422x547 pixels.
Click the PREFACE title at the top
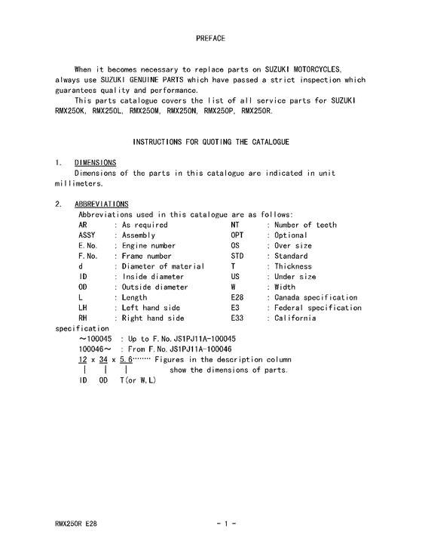[x=210, y=37]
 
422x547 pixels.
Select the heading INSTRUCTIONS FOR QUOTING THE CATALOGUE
[x=210, y=142]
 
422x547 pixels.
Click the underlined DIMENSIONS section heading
[x=95, y=163]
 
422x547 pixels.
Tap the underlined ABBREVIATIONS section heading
[x=101, y=204]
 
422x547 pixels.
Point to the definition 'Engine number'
[x=148, y=246]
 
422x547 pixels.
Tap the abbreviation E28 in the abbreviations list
[x=237, y=297]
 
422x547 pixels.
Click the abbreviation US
[x=235, y=277]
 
